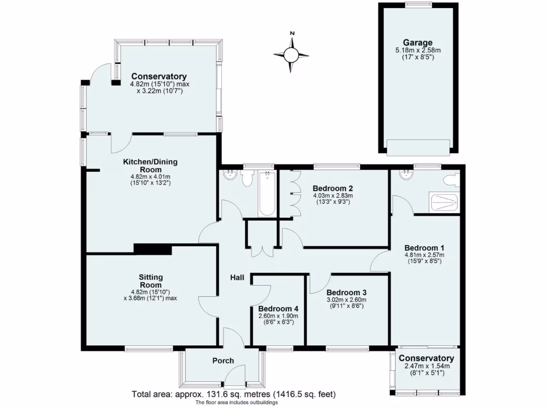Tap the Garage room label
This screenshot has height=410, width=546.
(417, 43)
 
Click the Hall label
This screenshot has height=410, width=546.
(237, 278)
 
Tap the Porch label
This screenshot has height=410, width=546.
(223, 361)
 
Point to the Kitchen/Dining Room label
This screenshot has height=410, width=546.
(150, 165)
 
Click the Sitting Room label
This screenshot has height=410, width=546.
(150, 281)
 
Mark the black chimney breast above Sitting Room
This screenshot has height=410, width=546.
(152, 249)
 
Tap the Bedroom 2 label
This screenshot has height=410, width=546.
(333, 188)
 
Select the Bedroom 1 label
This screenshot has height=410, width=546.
(424, 248)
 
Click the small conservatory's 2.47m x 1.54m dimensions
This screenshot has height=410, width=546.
(427, 366)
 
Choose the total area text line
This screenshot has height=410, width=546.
(234, 395)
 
